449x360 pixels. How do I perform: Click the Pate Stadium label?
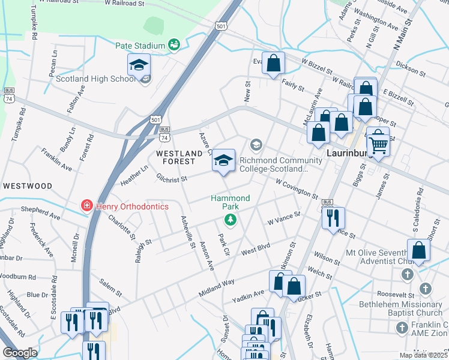click(x=140, y=46)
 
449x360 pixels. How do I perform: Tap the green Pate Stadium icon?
click(x=174, y=44)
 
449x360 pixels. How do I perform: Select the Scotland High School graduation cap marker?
click(x=139, y=65)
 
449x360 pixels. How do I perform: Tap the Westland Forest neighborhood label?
click(x=175, y=158)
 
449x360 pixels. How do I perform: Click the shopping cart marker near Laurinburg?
click(x=378, y=144)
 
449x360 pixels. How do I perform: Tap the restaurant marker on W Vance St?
click(x=333, y=217)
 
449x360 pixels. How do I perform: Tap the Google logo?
click(x=20, y=353)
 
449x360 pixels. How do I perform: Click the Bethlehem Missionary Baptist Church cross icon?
click(x=426, y=289)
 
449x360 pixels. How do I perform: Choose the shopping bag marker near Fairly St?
click(x=273, y=62)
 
